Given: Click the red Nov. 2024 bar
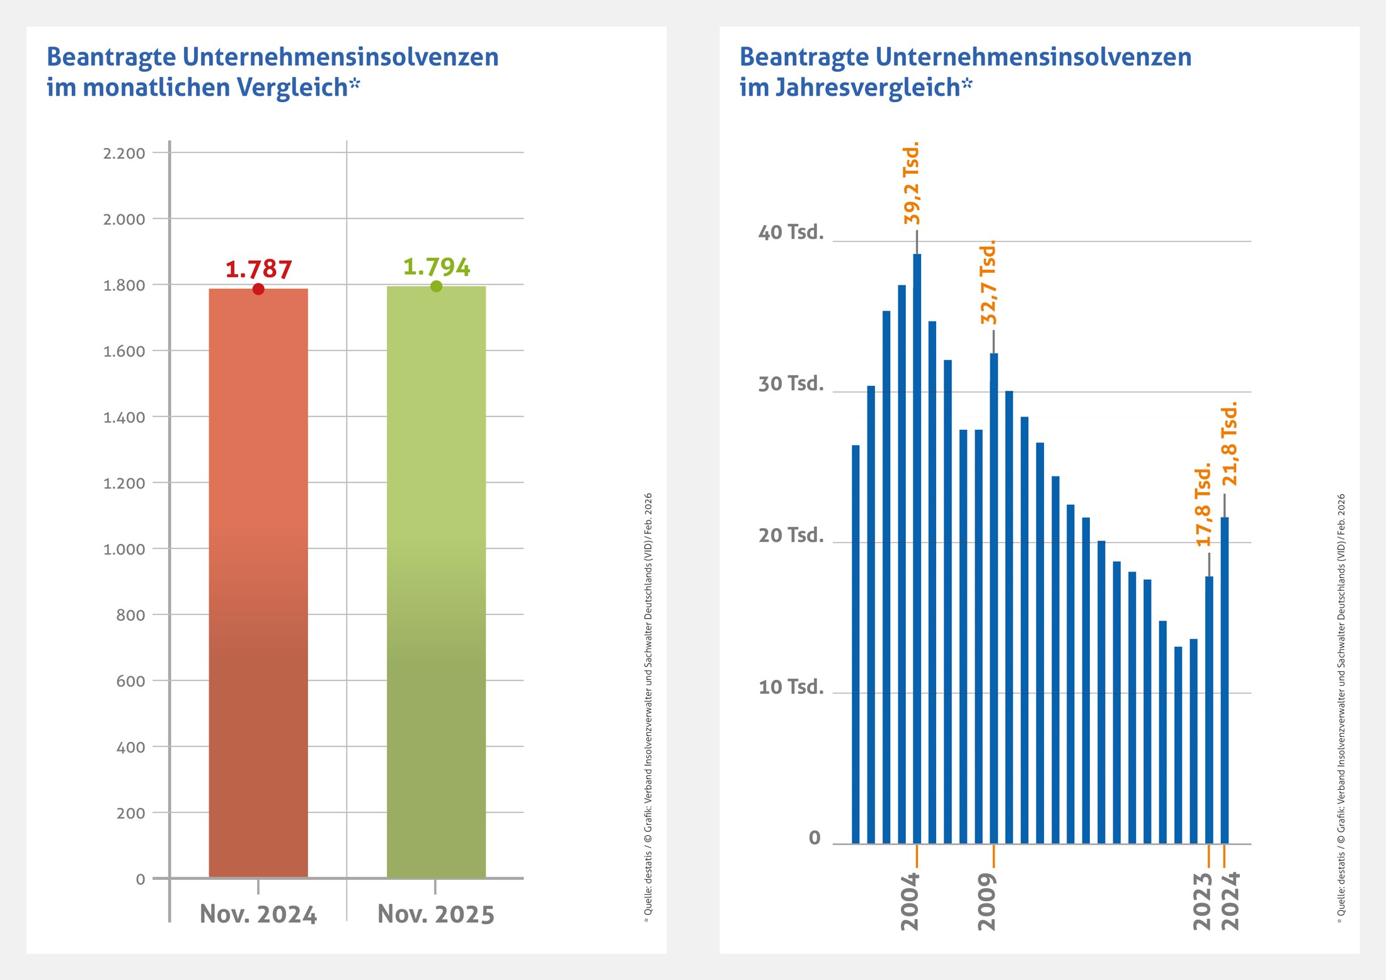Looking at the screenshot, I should click(258, 583).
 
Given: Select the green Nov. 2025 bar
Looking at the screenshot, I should click(436, 583).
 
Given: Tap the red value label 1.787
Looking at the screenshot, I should click(259, 269).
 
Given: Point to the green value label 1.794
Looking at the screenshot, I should click(437, 267).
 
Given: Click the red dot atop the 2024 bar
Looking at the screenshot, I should click(258, 289).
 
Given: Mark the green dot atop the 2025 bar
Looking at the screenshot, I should click(436, 287).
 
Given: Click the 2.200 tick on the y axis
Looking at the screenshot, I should click(124, 153).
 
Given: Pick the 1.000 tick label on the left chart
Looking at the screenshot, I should click(124, 549).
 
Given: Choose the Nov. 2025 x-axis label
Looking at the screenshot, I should click(436, 914).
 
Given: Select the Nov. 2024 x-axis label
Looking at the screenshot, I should click(258, 914).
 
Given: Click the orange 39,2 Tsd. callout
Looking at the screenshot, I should click(911, 183).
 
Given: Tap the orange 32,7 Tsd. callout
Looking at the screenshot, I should click(988, 282).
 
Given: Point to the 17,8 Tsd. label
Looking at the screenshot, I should click(1203, 505).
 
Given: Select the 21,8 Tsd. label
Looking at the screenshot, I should click(1229, 444).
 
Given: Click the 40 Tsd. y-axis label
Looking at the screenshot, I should click(791, 233).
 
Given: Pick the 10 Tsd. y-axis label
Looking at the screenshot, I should click(791, 687).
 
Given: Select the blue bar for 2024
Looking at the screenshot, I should click(1225, 681).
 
